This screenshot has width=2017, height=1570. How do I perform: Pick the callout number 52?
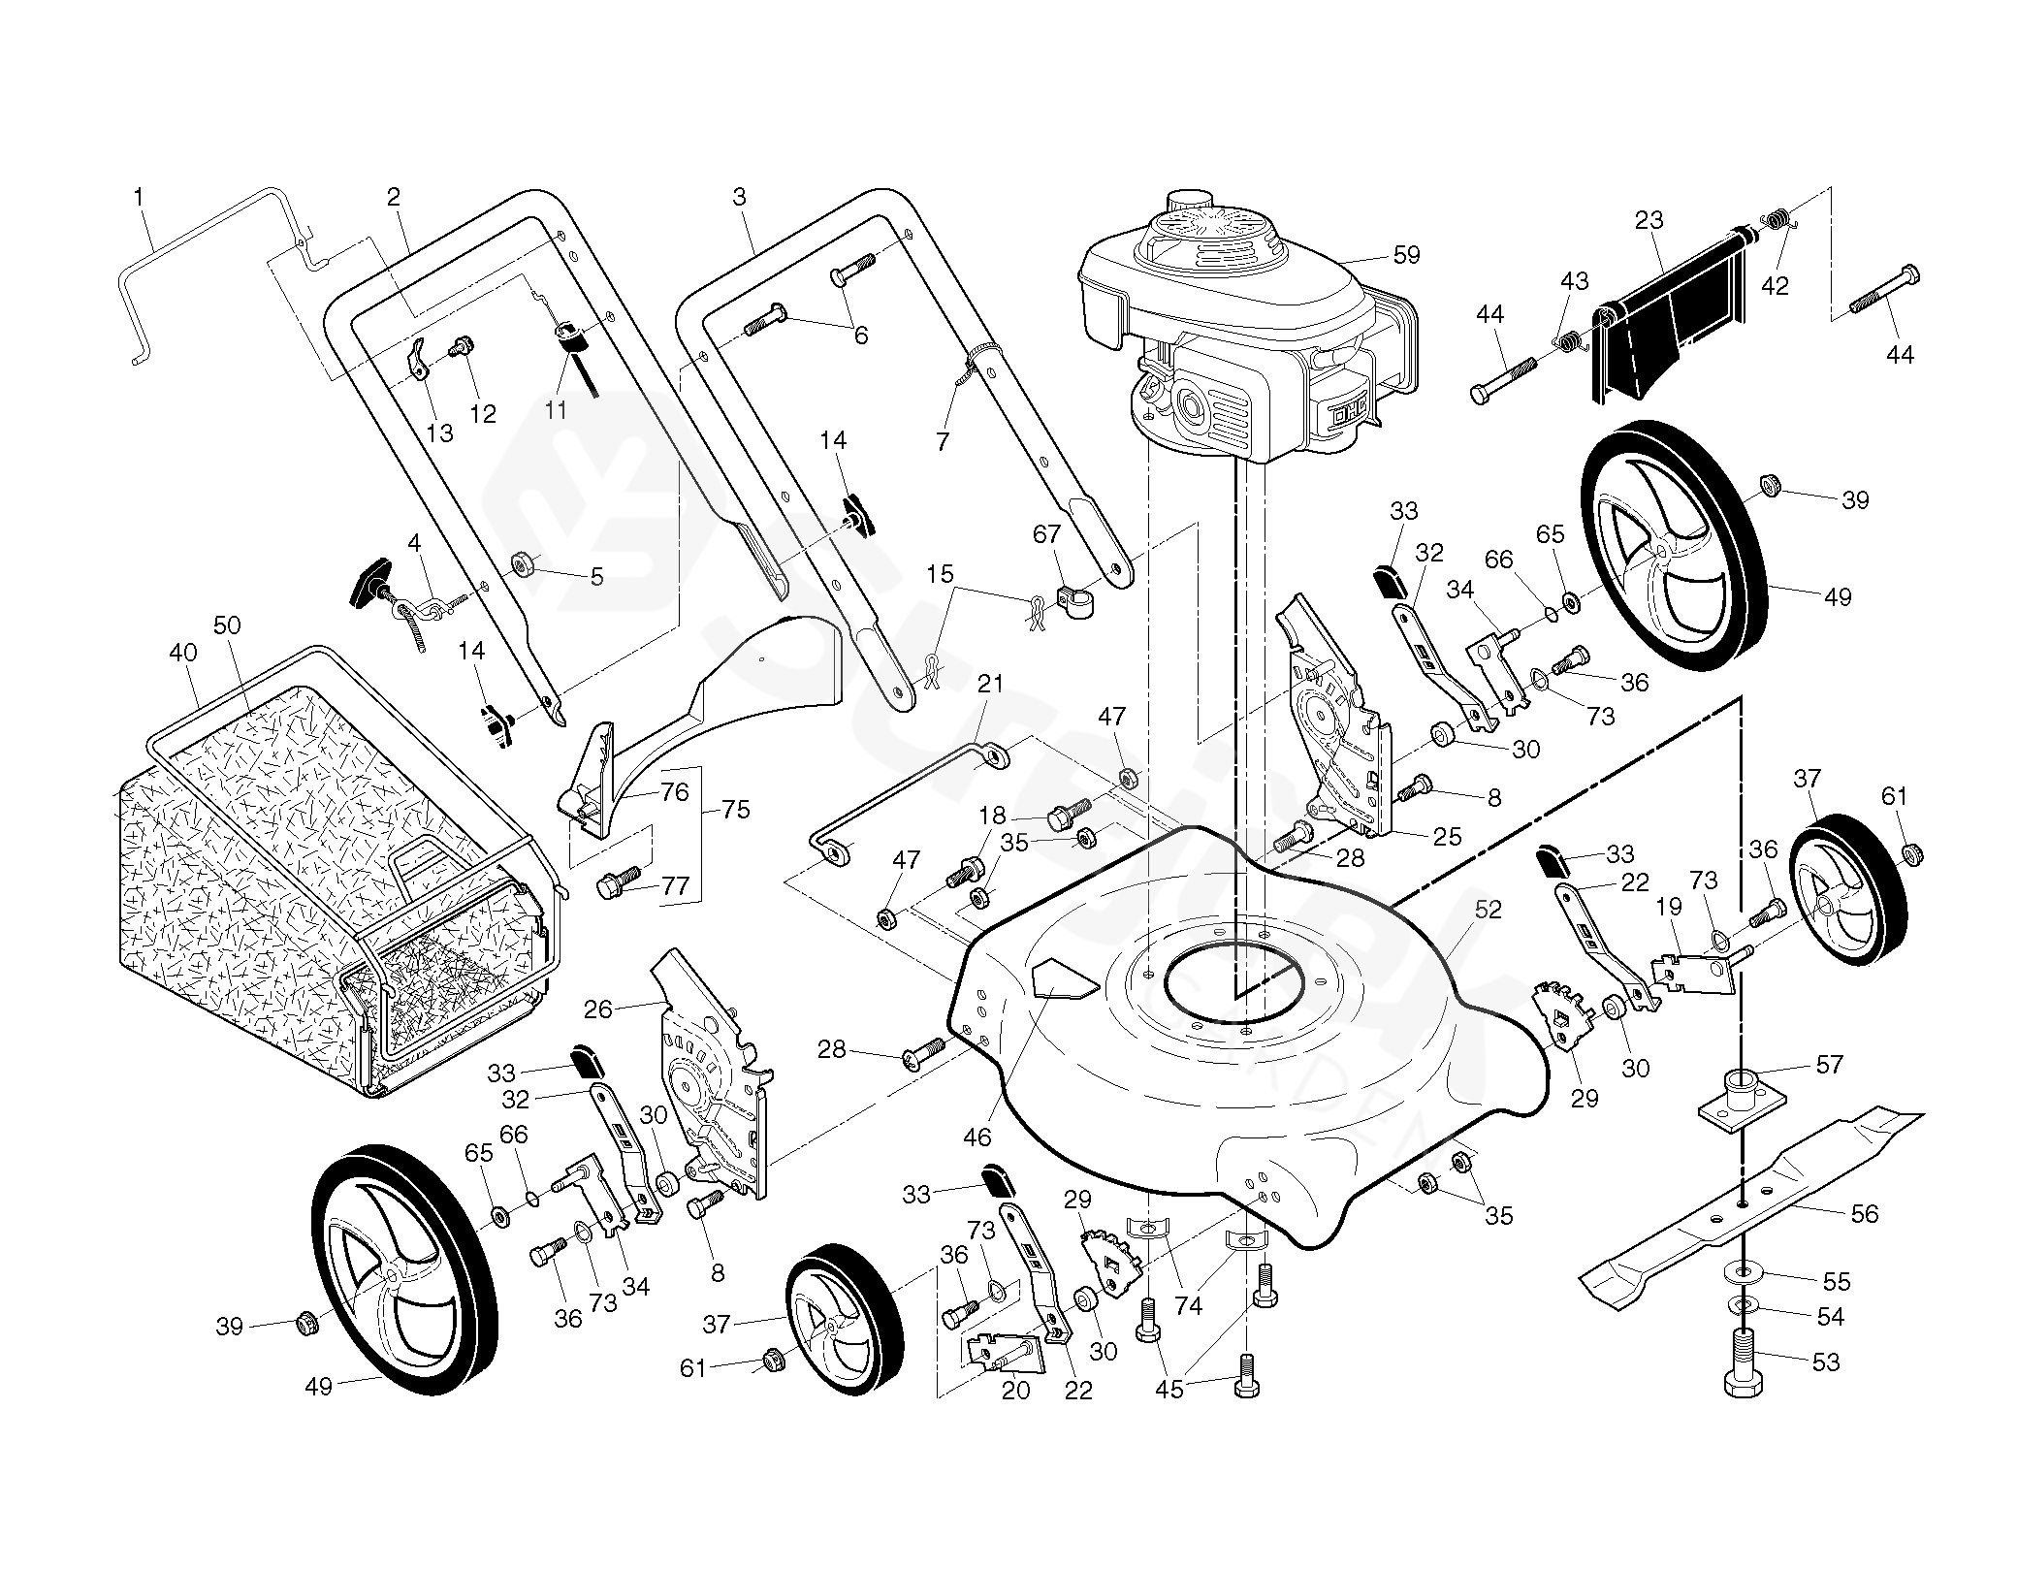[x=1488, y=910]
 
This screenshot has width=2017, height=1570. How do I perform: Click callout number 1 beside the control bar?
[x=139, y=198]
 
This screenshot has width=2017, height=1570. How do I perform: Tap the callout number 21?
[x=990, y=684]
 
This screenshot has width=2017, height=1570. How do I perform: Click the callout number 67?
[x=1047, y=534]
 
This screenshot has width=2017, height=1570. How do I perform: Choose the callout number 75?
[x=736, y=809]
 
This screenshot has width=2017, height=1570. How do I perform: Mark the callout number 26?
[x=598, y=1009]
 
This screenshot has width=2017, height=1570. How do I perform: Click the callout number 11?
[x=555, y=410]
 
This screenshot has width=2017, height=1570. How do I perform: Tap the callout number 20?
[x=1015, y=1391]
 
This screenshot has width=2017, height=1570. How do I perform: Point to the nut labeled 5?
[x=526, y=563]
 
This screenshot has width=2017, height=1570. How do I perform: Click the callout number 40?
[x=183, y=653]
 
